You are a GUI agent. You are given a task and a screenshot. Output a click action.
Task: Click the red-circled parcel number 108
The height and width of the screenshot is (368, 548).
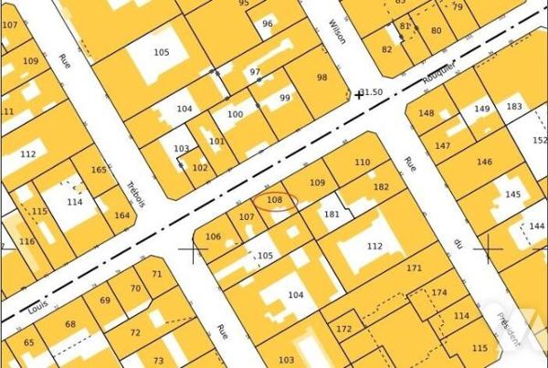[x=275, y=200]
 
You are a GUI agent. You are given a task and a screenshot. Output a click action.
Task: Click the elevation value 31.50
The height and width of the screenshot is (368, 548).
[x=372, y=92]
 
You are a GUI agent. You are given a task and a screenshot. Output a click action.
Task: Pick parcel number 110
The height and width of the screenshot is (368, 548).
[x=363, y=163]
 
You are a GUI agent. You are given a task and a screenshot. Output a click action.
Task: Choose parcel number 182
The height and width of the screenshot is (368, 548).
[x=381, y=186]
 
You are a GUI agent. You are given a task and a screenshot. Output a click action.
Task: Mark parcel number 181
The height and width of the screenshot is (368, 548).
[x=332, y=215]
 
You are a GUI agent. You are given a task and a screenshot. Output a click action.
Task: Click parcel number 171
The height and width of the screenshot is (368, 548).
[x=415, y=268]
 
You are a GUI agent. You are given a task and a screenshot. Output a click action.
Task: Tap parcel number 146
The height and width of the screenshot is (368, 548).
[x=484, y=163]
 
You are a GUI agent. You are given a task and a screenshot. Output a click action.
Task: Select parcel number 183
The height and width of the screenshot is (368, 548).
[x=514, y=107]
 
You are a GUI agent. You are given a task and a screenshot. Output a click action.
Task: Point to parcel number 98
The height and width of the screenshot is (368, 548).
[x=321, y=78]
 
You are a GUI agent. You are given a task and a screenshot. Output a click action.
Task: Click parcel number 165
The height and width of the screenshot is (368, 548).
[x=99, y=170]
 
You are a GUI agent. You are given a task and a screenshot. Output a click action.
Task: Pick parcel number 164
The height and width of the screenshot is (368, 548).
[x=122, y=216]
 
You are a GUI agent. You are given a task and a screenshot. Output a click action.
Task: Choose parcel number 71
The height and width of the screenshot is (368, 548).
[x=156, y=273]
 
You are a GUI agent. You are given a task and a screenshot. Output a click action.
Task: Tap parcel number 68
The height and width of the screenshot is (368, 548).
[x=70, y=324]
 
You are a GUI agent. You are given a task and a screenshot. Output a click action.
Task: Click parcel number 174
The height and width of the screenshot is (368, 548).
[x=440, y=292]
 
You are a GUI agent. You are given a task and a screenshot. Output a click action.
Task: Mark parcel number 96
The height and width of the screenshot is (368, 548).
[x=267, y=24]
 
